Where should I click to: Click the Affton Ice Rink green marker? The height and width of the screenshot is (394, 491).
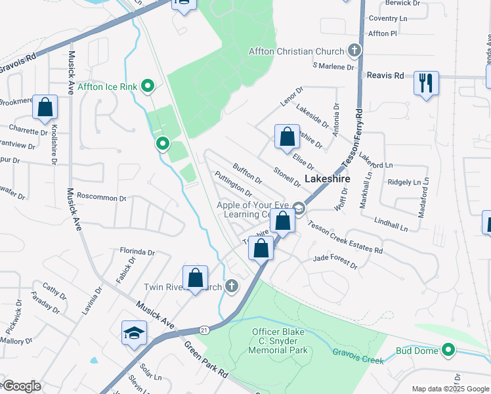(x=148, y=85)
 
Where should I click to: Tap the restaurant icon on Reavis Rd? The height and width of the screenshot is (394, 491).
(x=426, y=83)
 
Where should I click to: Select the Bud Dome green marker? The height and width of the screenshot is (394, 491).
(x=448, y=350)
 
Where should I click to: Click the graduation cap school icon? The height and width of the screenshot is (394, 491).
(x=134, y=333)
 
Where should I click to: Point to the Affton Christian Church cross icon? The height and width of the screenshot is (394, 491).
(x=354, y=51)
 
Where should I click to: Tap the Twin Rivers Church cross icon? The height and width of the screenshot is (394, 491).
(x=231, y=286)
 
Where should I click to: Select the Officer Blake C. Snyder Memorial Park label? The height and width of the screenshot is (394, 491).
(x=278, y=341)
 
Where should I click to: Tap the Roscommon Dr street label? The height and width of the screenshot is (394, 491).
(x=101, y=197)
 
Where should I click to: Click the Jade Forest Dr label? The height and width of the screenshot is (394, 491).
(x=335, y=262)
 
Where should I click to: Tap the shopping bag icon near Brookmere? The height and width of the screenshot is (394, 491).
(x=45, y=108)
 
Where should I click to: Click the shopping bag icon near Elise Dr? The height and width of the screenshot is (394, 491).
(x=287, y=137)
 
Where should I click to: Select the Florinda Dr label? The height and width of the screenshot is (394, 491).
(x=137, y=252)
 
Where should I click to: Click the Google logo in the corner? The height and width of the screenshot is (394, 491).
(x=21, y=386)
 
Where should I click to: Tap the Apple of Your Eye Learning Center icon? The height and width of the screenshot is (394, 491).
(x=298, y=209)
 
